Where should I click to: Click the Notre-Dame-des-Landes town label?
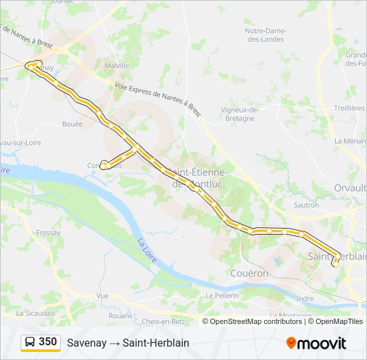tap(264, 35)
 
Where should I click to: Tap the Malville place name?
tap(117, 66)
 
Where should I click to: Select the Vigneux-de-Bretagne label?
tap(239, 114)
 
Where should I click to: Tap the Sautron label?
tap(306, 205)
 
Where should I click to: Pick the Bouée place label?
tap(72, 124)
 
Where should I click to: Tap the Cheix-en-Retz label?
tap(163, 321)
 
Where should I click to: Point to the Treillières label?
tap(350, 108)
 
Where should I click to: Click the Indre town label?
tap(305, 299)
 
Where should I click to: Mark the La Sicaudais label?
tap(35, 313)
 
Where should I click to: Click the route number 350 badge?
tap(47, 342)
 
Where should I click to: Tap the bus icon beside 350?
tap(30, 343)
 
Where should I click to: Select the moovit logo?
tap(316, 343)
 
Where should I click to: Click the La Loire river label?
tap(147, 250)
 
